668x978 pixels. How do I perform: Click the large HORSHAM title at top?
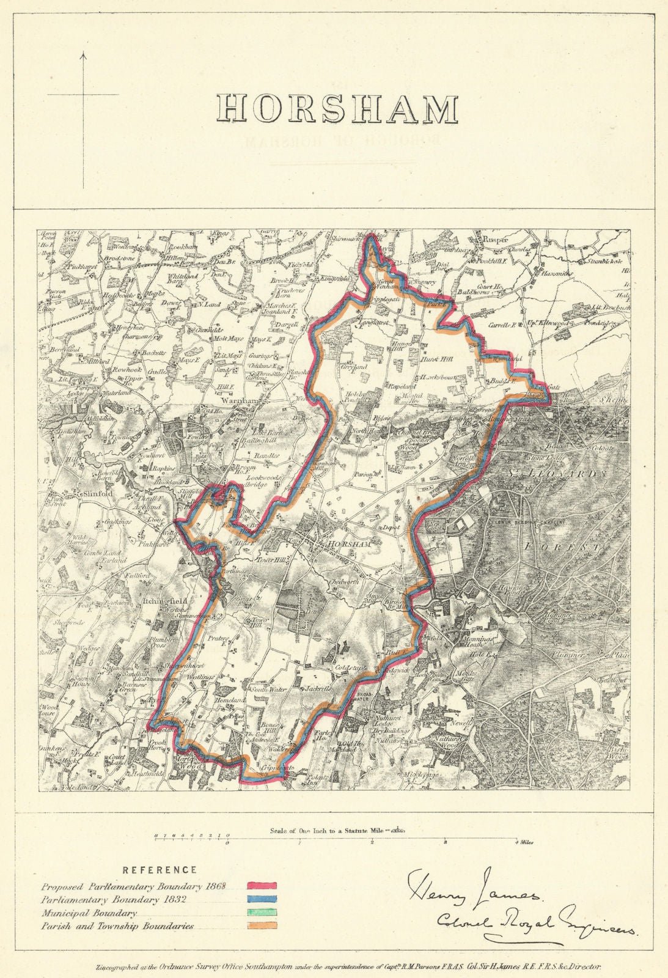point(339,109)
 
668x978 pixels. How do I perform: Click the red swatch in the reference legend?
point(262,885)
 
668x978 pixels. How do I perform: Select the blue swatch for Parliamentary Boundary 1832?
point(262,899)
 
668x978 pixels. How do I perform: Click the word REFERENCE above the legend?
point(160,870)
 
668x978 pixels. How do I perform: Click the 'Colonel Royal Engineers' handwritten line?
point(537,925)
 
